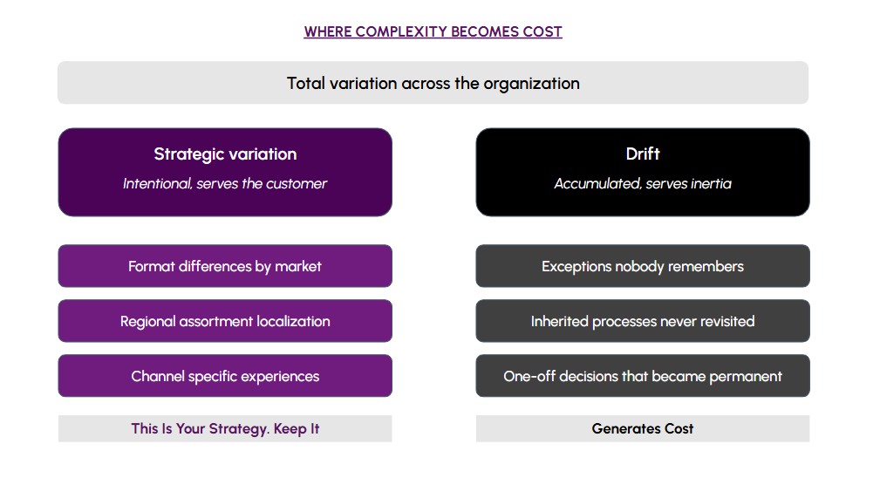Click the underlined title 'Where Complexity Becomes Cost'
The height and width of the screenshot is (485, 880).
click(x=433, y=31)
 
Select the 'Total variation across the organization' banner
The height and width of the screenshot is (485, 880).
click(x=433, y=83)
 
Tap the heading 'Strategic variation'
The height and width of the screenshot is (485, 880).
click(x=225, y=154)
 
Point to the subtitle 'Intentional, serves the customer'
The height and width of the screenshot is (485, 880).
click(x=225, y=183)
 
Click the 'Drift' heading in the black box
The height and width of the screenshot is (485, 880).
click(x=643, y=154)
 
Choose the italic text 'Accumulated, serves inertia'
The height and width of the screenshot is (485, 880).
click(x=643, y=183)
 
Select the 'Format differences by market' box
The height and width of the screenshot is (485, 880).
click(x=225, y=266)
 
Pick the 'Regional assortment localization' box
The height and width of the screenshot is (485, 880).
click(x=225, y=321)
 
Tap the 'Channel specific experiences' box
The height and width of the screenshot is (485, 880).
click(x=225, y=376)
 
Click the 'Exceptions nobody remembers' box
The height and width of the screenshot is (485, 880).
click(x=643, y=266)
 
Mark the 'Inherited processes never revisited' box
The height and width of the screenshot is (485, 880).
click(x=643, y=321)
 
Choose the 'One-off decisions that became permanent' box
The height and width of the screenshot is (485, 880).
click(x=643, y=376)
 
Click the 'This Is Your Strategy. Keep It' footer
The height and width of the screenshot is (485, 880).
click(x=225, y=429)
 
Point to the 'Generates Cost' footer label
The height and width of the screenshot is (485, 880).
click(x=643, y=429)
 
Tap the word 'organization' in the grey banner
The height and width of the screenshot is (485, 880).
click(x=531, y=84)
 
